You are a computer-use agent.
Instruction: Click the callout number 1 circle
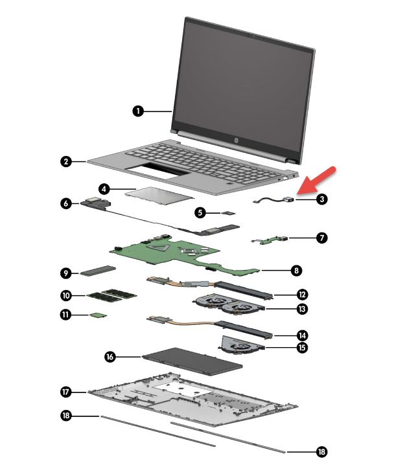point(137,111)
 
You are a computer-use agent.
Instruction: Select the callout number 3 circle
point(322,199)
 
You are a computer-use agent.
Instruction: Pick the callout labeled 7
point(322,238)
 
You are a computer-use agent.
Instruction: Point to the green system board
point(168,253)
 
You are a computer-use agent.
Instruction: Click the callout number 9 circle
point(65,272)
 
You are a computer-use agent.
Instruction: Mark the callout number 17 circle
point(65,392)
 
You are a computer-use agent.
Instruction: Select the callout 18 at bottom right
point(322,452)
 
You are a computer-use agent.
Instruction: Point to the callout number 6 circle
point(65,203)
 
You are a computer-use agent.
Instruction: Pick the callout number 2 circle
point(65,162)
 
